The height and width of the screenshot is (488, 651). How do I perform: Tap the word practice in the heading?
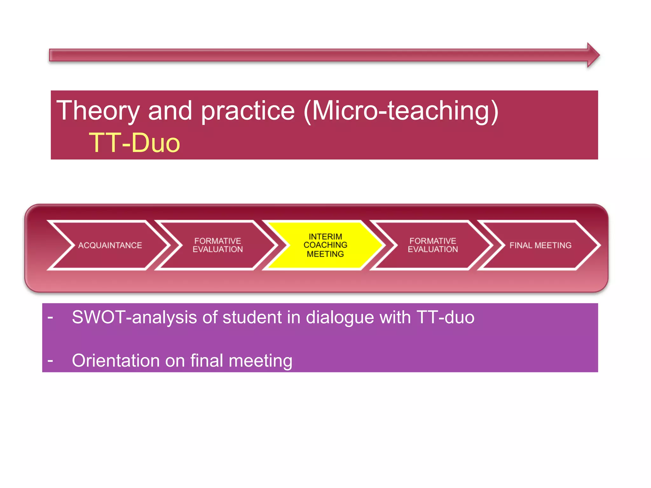pos(248,111)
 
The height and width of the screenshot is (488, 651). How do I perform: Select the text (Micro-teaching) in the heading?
pos(401,111)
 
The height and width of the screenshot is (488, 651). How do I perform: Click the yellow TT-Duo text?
pos(134,143)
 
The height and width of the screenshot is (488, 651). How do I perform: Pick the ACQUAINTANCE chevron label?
pos(110,245)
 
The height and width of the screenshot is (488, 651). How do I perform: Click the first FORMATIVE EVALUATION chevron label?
pos(218,245)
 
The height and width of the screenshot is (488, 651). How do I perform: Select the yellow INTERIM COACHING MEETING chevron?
pos(325,245)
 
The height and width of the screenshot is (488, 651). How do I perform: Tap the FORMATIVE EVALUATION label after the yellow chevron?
pos(433,245)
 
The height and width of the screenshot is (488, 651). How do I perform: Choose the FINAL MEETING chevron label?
pos(540,245)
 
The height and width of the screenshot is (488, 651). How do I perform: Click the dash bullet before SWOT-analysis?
pos(50,317)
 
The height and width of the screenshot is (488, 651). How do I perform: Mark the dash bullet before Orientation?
pos(50,361)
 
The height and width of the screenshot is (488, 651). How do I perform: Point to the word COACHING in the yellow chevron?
pos(325,245)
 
